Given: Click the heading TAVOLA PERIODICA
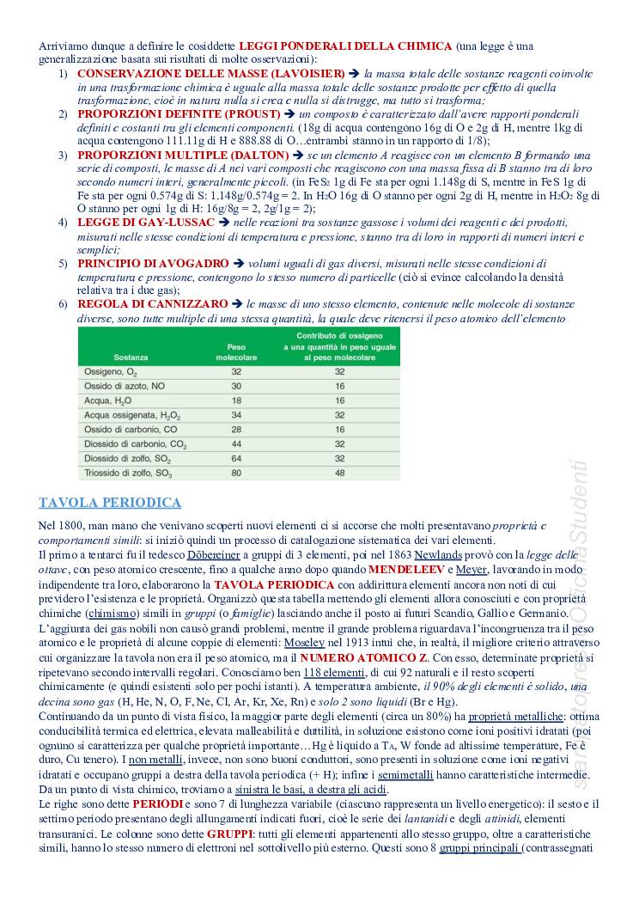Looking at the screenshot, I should click(x=110, y=503).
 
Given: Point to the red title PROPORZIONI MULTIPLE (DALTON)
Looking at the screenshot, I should click(x=183, y=155).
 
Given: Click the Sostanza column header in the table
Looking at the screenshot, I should click(x=106, y=355).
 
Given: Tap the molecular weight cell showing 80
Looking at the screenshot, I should click(x=236, y=473).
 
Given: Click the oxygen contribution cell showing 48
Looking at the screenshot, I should click(x=339, y=473).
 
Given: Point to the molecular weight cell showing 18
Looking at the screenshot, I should click(x=236, y=400).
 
